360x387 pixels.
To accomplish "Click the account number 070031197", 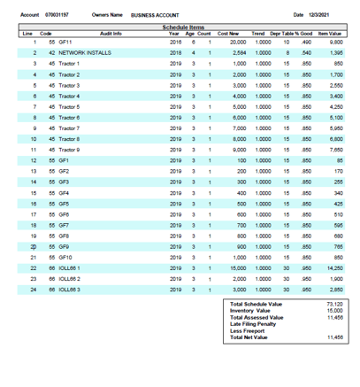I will [54, 15].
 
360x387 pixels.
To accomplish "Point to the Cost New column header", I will [231, 33].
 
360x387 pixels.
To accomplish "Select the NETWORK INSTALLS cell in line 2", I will [88, 53].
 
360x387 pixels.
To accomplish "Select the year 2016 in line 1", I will [175, 42].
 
